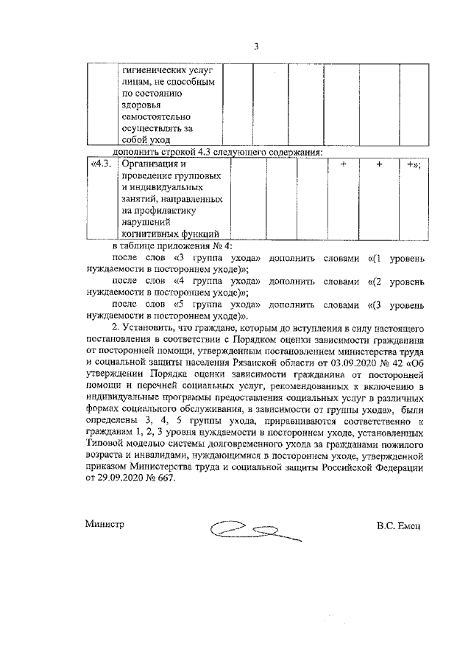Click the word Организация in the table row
(149, 164)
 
